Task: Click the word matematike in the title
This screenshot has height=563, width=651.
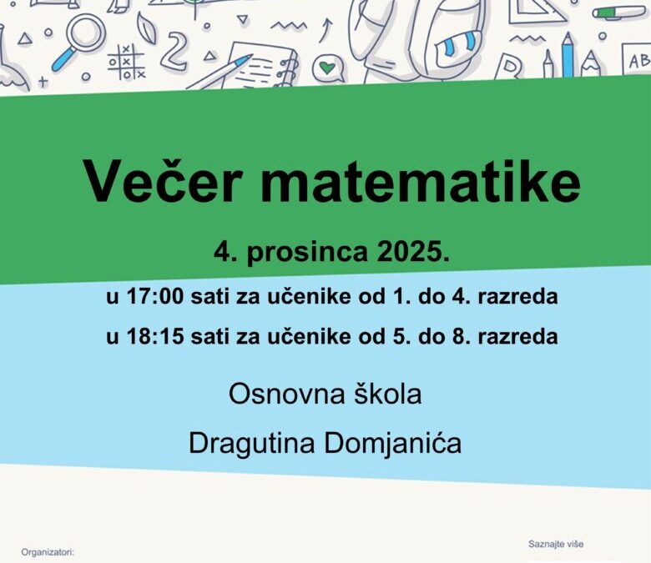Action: pos(425,181)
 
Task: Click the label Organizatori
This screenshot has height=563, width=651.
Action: pos(48,552)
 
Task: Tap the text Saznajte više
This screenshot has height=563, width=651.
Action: pos(556,544)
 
